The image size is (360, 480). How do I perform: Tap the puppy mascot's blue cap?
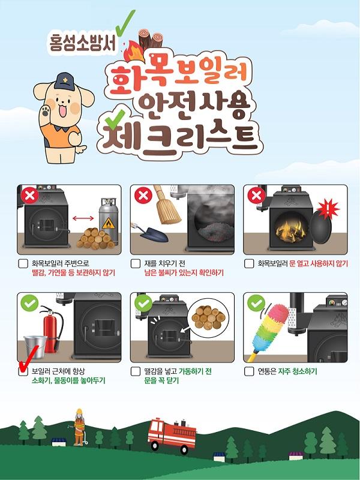(x=65, y=81)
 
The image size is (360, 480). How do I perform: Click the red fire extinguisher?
(x=52, y=328)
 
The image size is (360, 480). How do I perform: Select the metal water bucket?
(x=35, y=347)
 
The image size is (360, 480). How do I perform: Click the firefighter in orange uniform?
(x=79, y=427)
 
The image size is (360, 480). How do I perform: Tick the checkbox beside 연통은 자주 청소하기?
(x=249, y=371)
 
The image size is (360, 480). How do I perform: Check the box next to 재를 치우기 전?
(x=136, y=263)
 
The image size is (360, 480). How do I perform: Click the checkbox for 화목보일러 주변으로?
(x=23, y=263)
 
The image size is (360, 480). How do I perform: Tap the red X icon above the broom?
(x=143, y=195)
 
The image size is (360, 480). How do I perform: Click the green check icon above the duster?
(x=256, y=304)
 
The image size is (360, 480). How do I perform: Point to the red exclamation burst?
(x=328, y=209)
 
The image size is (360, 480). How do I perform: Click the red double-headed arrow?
(x=83, y=218)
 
